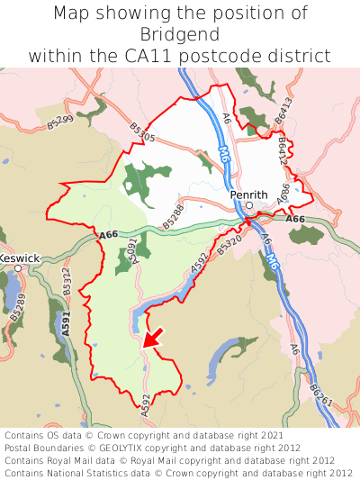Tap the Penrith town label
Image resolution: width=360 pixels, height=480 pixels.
click(248, 194)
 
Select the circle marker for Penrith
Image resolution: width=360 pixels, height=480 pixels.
click(249, 205)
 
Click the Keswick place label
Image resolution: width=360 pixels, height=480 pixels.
click(20, 258)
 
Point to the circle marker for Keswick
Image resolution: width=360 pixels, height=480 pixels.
click(17, 268)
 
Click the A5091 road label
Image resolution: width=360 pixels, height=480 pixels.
click(132, 251)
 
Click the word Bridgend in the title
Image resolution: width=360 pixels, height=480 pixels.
click(180, 34)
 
